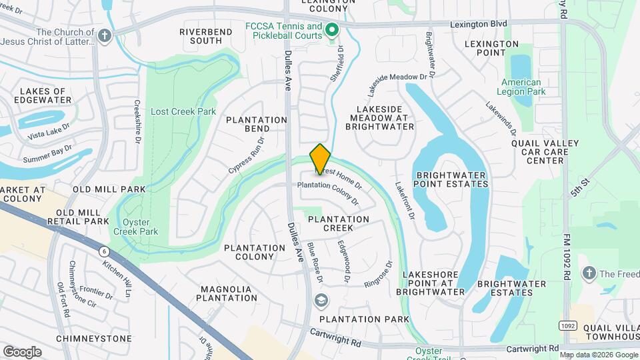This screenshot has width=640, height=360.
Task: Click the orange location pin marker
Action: tap(321, 159)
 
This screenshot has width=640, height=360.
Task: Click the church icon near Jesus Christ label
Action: tap(104, 36)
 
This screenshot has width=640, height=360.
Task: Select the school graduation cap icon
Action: tap(321, 301)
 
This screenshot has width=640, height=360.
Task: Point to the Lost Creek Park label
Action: tap(183, 111)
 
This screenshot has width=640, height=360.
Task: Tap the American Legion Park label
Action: tap(521, 87)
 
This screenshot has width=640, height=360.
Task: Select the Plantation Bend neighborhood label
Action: tap(257, 124)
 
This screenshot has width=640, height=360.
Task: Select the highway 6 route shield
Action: tap(104, 251)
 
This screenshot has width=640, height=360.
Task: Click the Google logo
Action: tap(22, 351)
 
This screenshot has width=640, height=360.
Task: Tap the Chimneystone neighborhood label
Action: tap(93, 338)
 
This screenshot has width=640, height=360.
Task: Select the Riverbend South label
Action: tap(201, 36)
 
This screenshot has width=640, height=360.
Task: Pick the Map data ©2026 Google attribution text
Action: tap(598, 355)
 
